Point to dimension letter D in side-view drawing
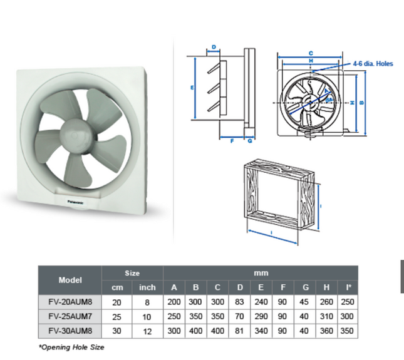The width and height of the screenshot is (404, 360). point(214,47)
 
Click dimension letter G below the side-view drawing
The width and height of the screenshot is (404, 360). point(249,141)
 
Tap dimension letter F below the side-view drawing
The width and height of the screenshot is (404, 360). point(232,141)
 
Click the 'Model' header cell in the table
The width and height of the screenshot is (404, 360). point(70,280)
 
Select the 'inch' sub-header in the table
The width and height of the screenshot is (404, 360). point(147,287)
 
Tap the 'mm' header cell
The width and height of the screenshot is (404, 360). point(261,273)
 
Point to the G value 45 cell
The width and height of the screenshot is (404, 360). point(305,302)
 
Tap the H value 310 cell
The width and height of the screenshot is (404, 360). point(326,316)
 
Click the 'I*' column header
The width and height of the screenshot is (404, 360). point(348,287)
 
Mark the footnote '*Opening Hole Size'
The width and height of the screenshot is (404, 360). point(71,347)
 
